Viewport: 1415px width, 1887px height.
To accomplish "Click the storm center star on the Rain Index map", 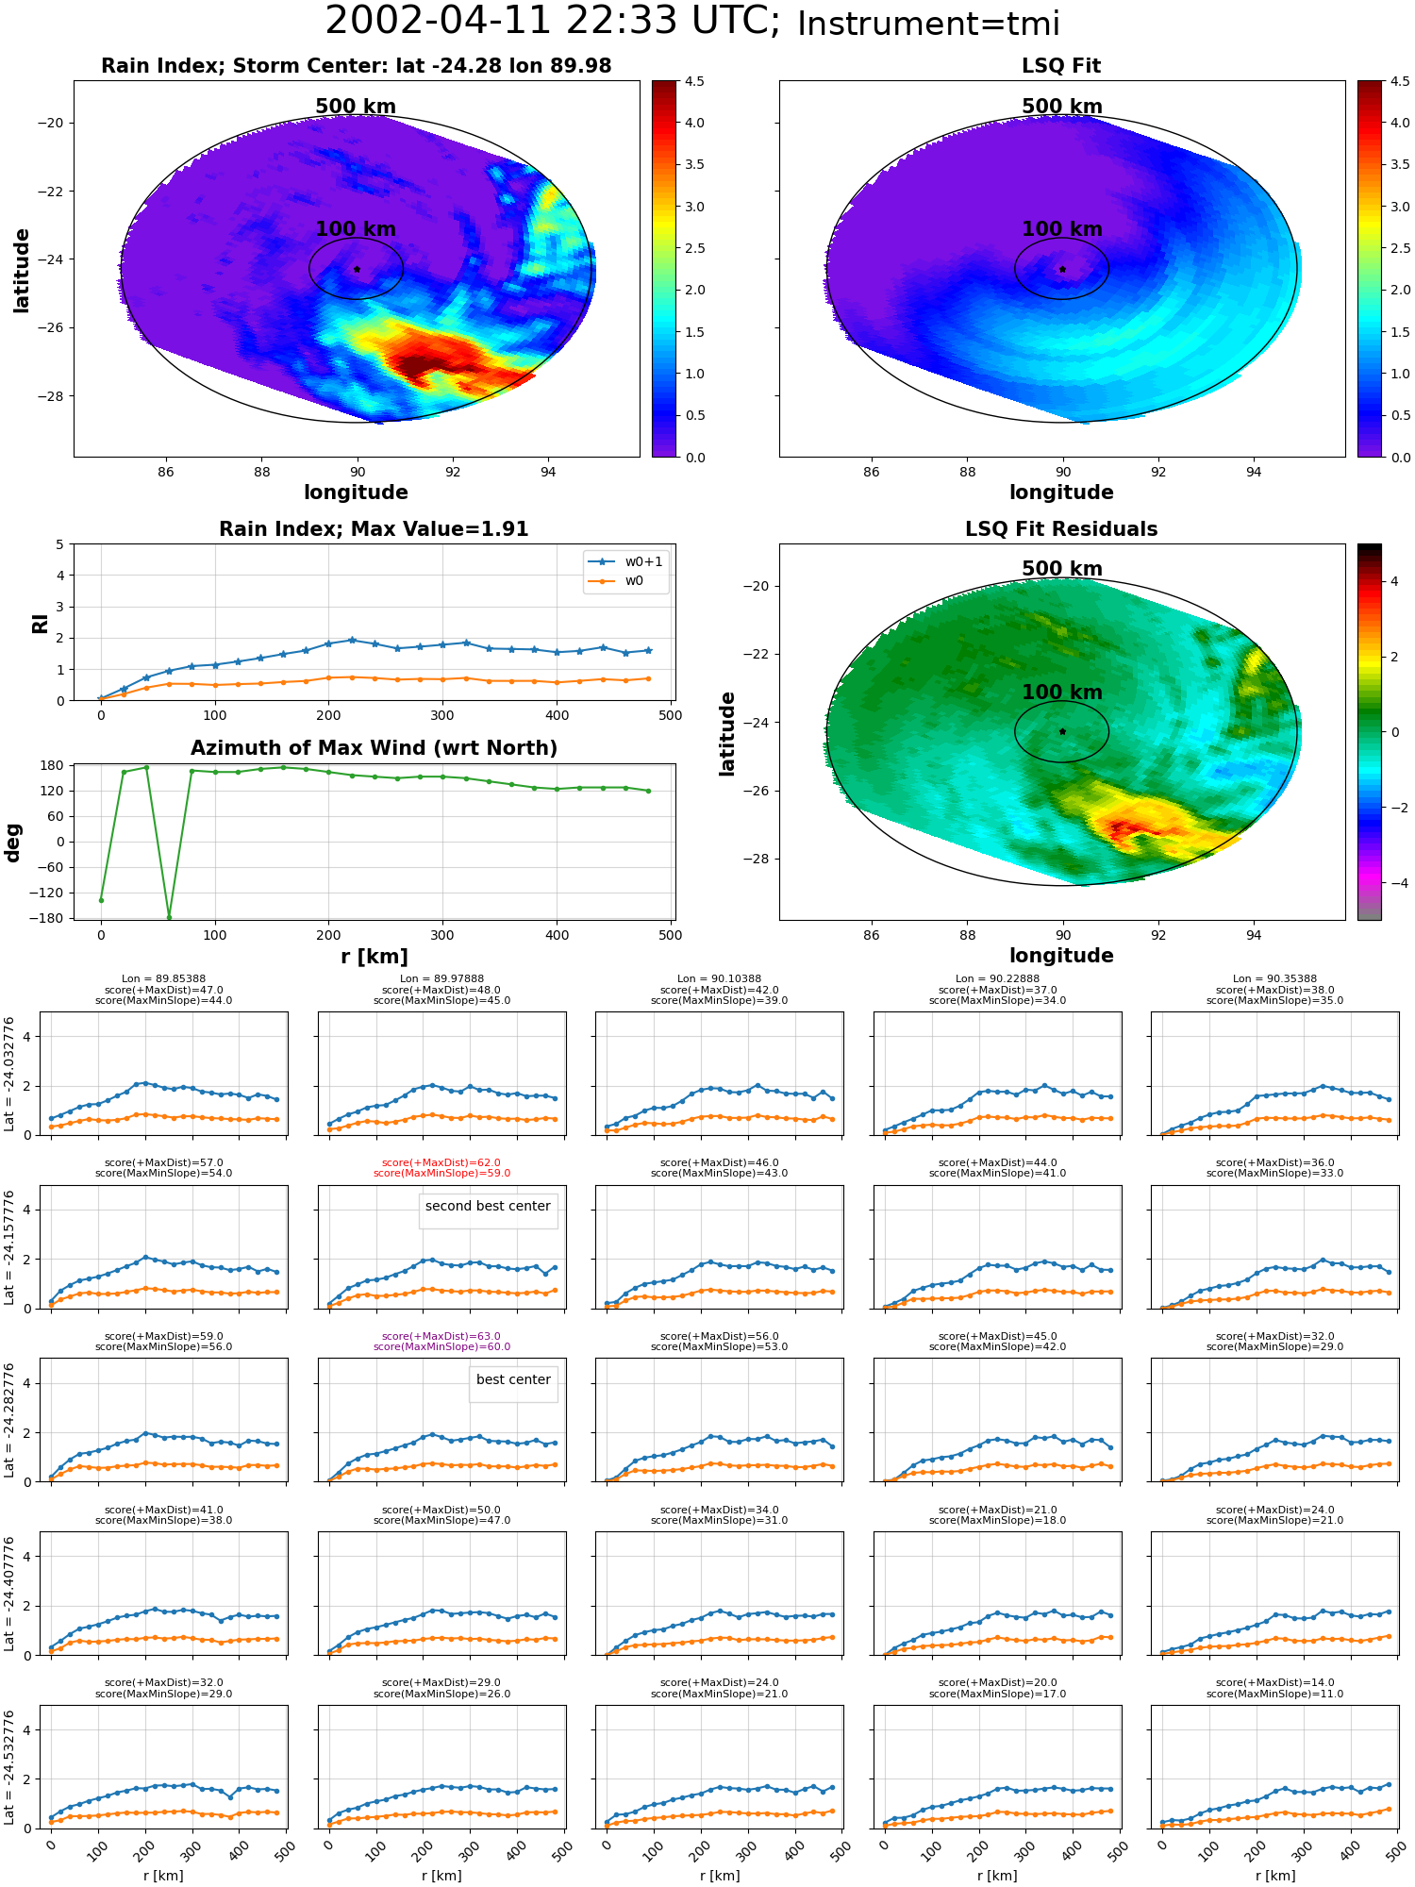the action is click(357, 269).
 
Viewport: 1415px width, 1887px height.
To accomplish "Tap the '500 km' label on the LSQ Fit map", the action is click(1062, 107).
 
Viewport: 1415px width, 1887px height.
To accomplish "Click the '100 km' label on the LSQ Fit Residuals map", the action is click(1062, 692).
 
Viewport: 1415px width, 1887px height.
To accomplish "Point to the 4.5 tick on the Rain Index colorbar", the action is click(694, 82).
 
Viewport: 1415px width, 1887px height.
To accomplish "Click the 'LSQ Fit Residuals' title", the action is click(1061, 529).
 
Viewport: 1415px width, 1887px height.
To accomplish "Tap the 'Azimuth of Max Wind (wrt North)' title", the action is click(375, 748).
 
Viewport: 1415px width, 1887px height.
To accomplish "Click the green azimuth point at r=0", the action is click(101, 900).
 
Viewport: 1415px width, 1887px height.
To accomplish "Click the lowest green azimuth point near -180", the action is click(170, 917).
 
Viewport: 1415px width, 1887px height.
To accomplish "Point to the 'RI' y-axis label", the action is click(40, 623).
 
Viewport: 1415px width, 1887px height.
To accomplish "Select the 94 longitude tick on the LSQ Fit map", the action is click(1254, 472).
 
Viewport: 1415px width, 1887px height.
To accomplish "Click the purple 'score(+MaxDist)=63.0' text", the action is click(441, 1336).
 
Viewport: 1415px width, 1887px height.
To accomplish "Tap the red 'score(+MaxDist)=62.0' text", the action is click(441, 1162).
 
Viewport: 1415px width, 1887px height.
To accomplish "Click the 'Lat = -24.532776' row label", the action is click(9, 1768).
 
